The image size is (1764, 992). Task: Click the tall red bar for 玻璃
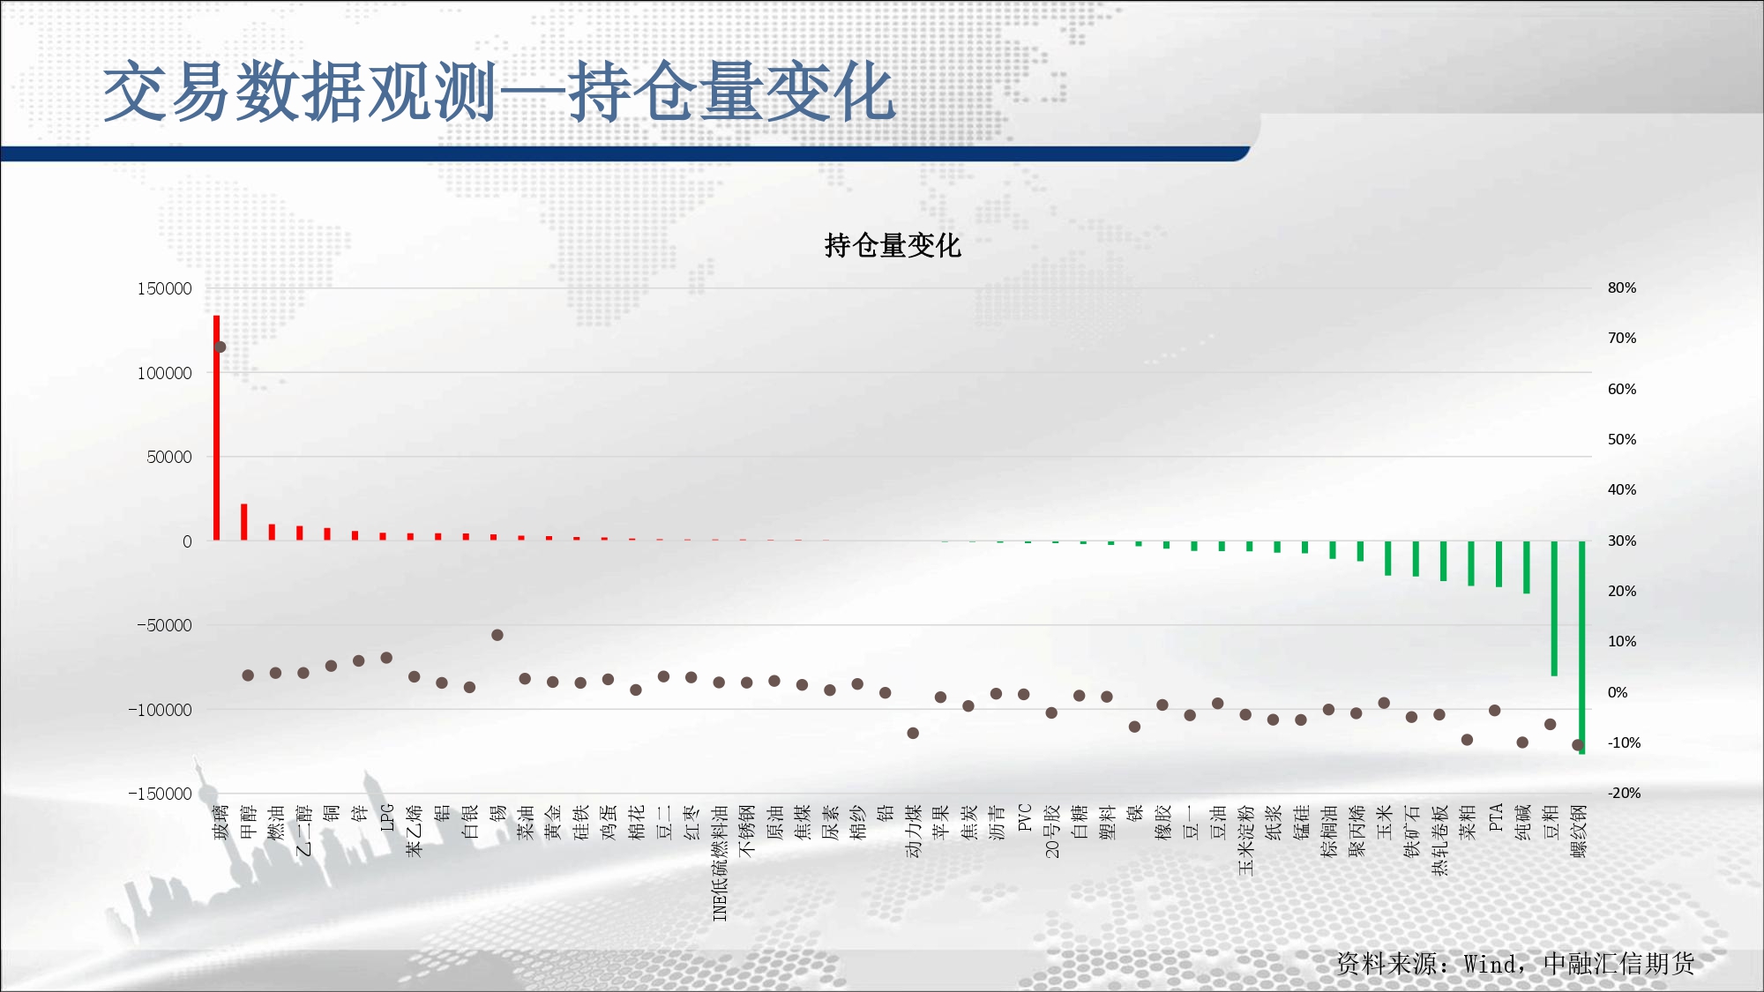(x=217, y=428)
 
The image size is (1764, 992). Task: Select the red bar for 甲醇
(x=244, y=522)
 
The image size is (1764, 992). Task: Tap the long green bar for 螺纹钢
(x=1582, y=647)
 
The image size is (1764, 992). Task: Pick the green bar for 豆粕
(x=1554, y=608)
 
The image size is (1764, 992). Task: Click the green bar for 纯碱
(x=1527, y=567)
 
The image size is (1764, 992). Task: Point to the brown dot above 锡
(x=497, y=635)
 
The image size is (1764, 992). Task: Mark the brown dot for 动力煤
(x=913, y=733)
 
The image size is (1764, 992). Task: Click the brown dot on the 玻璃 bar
(x=220, y=347)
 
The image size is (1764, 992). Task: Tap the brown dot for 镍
(x=1135, y=727)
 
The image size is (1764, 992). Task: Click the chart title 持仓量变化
(x=893, y=245)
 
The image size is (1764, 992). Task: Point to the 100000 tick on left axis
(x=164, y=373)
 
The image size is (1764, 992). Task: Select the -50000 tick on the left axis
(x=164, y=625)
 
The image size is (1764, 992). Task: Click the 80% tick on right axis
(x=1622, y=287)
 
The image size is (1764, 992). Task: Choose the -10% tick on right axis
(x=1624, y=742)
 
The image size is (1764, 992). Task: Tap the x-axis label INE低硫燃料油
(x=720, y=862)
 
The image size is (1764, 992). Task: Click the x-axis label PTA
(x=1496, y=817)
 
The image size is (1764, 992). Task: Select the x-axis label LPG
(x=387, y=817)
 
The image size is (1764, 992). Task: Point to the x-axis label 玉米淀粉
(x=1246, y=839)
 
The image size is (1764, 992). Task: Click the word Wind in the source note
(x=1491, y=964)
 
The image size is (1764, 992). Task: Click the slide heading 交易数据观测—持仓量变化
(x=499, y=92)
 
